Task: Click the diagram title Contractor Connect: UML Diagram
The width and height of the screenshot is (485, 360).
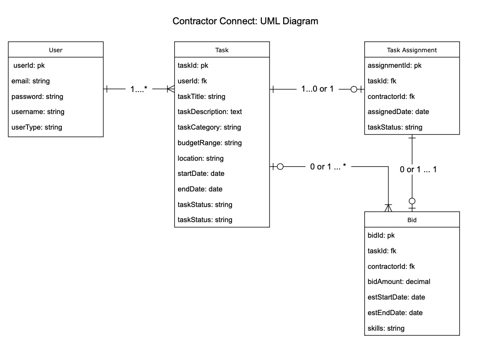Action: (x=245, y=21)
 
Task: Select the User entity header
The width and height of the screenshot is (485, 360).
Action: (x=56, y=50)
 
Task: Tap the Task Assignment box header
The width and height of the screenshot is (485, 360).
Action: (x=412, y=50)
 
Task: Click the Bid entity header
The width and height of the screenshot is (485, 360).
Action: (x=412, y=220)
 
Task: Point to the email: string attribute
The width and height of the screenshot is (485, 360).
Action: (x=31, y=81)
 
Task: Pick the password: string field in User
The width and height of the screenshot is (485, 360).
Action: (x=37, y=97)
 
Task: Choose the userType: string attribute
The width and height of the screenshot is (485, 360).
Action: (x=37, y=127)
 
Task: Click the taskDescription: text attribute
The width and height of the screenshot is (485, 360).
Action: (x=210, y=112)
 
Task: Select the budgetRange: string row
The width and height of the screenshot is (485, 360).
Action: (x=210, y=143)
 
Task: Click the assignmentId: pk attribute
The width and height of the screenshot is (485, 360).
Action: (x=394, y=65)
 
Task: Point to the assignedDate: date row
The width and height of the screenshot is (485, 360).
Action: (x=399, y=112)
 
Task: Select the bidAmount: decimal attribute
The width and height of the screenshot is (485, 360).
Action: (x=399, y=282)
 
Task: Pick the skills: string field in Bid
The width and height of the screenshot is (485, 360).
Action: (x=386, y=328)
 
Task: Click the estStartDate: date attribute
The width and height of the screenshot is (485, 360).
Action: (x=396, y=297)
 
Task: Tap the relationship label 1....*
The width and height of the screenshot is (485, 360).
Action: (x=139, y=89)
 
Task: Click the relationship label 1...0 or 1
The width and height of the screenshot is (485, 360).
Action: (x=317, y=89)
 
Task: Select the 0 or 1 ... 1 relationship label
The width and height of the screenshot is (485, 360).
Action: (x=418, y=169)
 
